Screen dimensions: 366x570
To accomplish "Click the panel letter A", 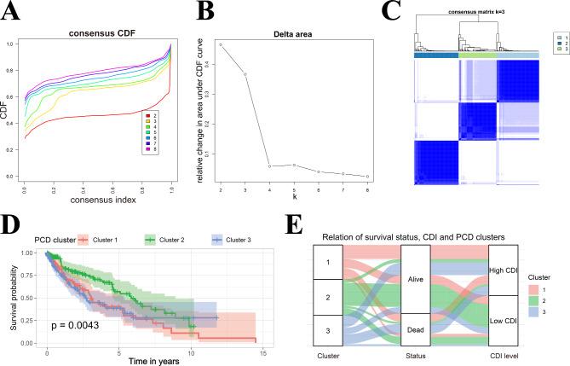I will [14, 13].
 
